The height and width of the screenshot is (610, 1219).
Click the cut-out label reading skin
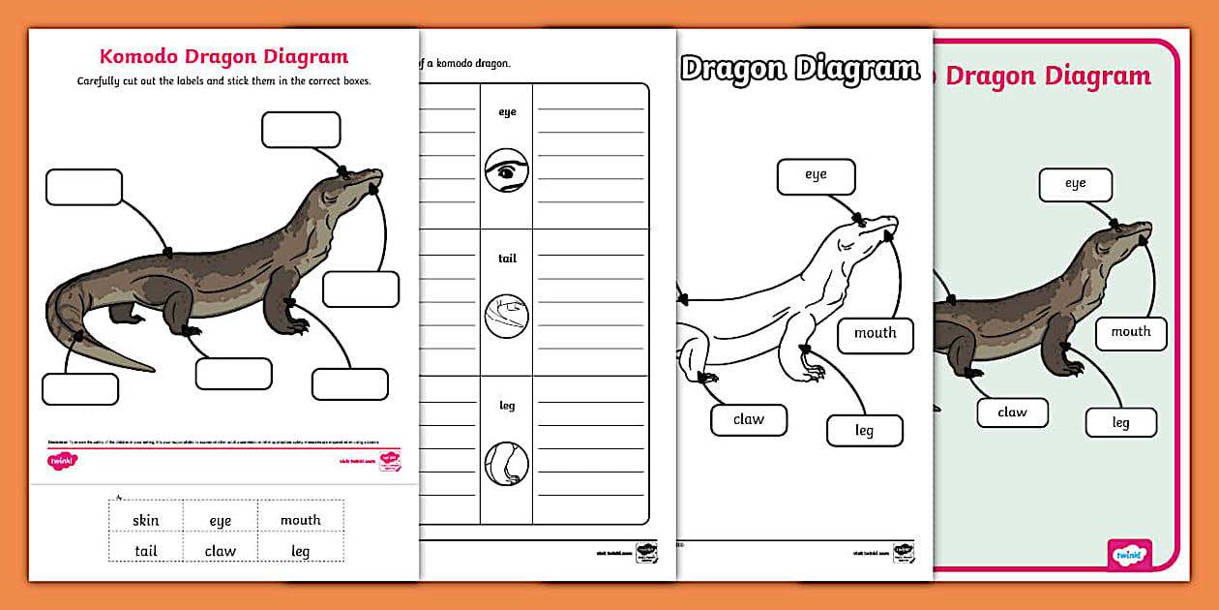click(146, 520)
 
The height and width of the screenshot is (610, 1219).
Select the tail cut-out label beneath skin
click(146, 551)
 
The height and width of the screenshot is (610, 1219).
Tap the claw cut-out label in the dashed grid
click(221, 551)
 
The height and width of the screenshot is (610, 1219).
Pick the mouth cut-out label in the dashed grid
click(301, 520)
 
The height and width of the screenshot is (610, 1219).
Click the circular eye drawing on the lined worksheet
click(506, 171)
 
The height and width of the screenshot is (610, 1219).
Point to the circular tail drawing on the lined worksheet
click(506, 317)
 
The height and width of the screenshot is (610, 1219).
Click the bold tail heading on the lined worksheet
click(507, 259)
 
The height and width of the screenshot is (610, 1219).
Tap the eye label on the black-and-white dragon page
click(816, 176)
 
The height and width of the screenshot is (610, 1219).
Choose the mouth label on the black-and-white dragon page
click(875, 333)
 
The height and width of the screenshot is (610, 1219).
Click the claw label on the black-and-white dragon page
click(748, 419)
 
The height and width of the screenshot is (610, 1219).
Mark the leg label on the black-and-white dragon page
click(864, 431)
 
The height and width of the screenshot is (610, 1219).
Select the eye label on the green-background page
click(1075, 184)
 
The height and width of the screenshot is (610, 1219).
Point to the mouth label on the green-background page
click(1130, 332)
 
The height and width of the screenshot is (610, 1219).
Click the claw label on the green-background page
click(1012, 412)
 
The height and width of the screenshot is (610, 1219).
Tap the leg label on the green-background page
click(1120, 422)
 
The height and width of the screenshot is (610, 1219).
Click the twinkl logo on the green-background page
click(1129, 556)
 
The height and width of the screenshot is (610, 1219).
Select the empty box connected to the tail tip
click(80, 389)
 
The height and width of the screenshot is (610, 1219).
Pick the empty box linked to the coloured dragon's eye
click(301, 130)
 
